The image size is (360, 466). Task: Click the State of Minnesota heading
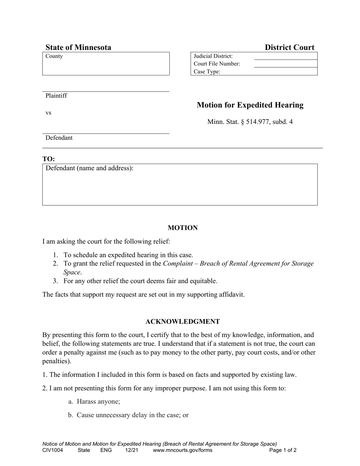(78, 47)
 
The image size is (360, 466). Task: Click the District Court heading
(290, 47)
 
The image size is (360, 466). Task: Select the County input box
(106, 66)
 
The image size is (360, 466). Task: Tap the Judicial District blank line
(285, 56)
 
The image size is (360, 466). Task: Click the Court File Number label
(217, 64)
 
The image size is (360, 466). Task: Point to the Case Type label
(207, 72)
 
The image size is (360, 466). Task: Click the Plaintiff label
(56, 95)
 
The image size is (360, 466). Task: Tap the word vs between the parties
(49, 113)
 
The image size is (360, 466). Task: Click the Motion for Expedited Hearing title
(250, 105)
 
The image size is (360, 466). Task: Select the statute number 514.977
(258, 122)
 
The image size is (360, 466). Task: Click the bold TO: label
(49, 159)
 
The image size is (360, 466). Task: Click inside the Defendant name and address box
(180, 188)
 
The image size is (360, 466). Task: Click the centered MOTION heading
(183, 228)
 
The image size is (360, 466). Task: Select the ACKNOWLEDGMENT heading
(183, 322)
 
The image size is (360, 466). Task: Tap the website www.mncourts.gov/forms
(183, 450)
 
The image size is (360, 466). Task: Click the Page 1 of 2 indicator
(283, 450)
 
